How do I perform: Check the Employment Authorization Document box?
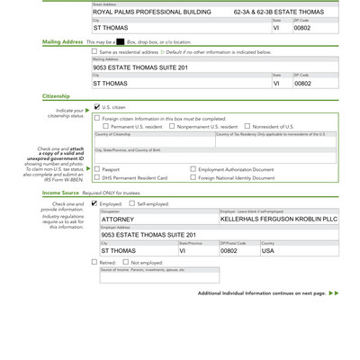193,169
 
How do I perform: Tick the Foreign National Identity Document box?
193,178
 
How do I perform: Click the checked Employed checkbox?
94,204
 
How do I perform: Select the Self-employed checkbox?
131,204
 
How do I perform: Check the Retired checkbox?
94,263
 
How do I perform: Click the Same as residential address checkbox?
94,51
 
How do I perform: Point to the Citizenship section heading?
56,95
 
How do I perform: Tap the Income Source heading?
60,193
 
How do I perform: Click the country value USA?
268,251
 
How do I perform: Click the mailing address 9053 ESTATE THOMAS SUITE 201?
139,67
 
